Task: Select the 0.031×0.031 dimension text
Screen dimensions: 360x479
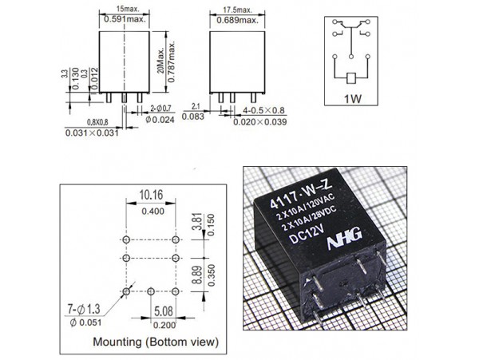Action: [91, 133]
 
